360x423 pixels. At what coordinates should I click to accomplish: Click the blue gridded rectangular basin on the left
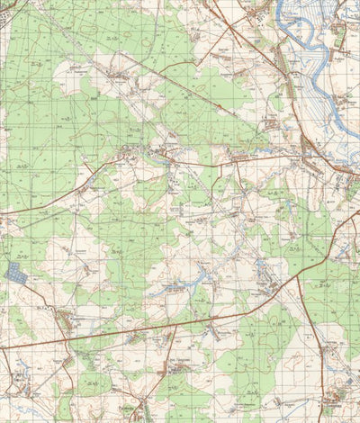coord(16,273)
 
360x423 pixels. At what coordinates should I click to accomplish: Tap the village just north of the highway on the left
coord(65,319)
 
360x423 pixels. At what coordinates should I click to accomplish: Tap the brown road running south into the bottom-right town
coord(319,360)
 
